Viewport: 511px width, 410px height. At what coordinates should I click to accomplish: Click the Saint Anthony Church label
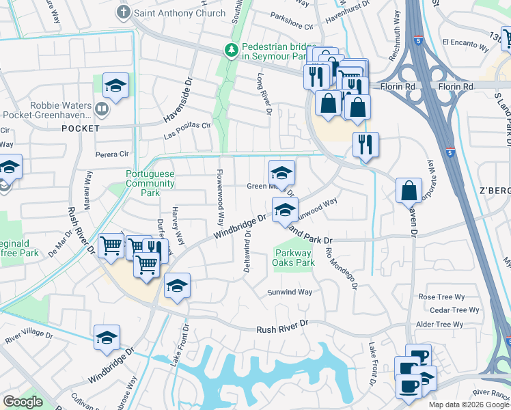[x=178, y=13]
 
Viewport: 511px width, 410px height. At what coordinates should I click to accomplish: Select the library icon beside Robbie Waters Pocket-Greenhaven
[x=102, y=108]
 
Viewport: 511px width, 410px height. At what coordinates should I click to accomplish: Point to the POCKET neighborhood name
[x=80, y=128]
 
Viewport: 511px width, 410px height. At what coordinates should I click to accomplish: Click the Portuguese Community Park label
[x=150, y=184]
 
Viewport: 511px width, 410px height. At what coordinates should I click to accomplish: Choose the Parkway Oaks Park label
[x=294, y=258]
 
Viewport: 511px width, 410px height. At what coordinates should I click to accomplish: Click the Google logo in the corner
[x=23, y=402]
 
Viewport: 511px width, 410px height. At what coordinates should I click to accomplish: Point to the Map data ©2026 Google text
[x=469, y=405]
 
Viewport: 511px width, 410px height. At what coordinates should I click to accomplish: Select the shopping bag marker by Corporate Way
[x=408, y=192]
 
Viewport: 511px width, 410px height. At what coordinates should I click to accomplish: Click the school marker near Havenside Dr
[x=115, y=86]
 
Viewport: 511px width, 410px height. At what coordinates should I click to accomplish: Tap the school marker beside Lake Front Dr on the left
[x=177, y=286]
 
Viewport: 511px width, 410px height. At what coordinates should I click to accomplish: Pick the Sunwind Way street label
[x=289, y=292]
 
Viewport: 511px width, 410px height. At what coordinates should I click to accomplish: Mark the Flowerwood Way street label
[x=220, y=198]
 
